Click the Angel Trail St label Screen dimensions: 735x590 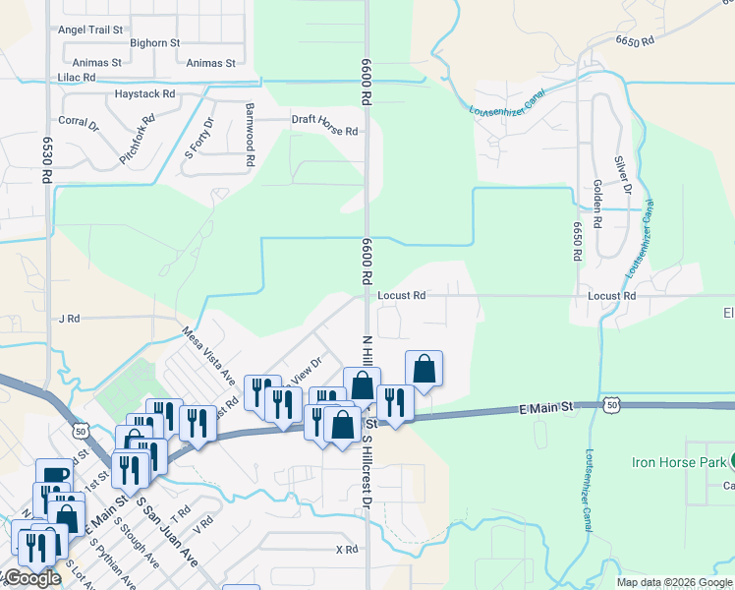click(90, 29)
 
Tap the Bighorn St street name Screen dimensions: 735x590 click(154, 43)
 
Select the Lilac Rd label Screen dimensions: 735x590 click(77, 77)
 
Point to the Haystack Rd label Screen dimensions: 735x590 click(144, 94)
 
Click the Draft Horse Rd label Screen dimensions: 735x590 click(323, 120)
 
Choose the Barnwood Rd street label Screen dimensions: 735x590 click(250, 133)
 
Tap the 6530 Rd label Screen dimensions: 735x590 click(46, 160)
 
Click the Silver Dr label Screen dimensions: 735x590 click(620, 175)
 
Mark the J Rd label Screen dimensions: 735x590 click(68, 319)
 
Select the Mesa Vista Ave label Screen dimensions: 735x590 click(209, 356)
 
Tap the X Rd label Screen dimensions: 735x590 click(346, 550)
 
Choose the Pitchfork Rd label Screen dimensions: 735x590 click(138, 140)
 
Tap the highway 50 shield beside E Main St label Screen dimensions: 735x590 click(611, 403)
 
